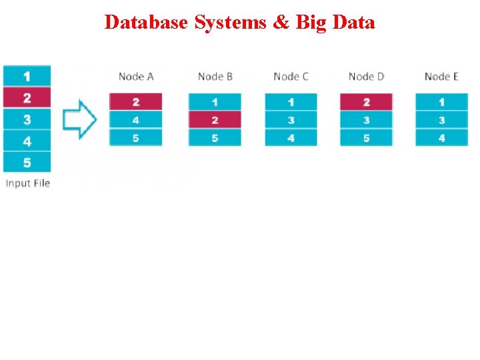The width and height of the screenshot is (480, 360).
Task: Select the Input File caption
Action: click(28, 183)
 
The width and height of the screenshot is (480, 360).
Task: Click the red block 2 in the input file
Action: click(27, 98)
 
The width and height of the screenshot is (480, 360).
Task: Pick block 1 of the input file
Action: click(27, 76)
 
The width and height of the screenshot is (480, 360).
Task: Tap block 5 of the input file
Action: click(27, 163)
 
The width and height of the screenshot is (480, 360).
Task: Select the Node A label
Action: click(136, 77)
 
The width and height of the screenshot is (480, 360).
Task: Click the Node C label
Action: click(291, 77)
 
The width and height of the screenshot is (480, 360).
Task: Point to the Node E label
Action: click(441, 77)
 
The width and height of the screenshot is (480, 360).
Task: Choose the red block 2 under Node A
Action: click(136, 102)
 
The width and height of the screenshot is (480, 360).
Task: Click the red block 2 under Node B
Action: click(215, 120)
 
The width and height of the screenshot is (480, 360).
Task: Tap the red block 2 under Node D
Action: click(366, 102)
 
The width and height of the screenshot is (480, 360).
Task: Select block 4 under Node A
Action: click(136, 121)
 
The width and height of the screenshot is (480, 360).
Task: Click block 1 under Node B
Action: click(215, 102)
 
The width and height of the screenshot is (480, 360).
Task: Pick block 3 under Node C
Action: click(291, 121)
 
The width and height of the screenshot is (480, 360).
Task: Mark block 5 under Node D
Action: click(366, 139)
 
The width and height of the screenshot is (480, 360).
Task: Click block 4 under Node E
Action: click(441, 139)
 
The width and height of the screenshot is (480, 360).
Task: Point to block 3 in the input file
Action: click(27, 120)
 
